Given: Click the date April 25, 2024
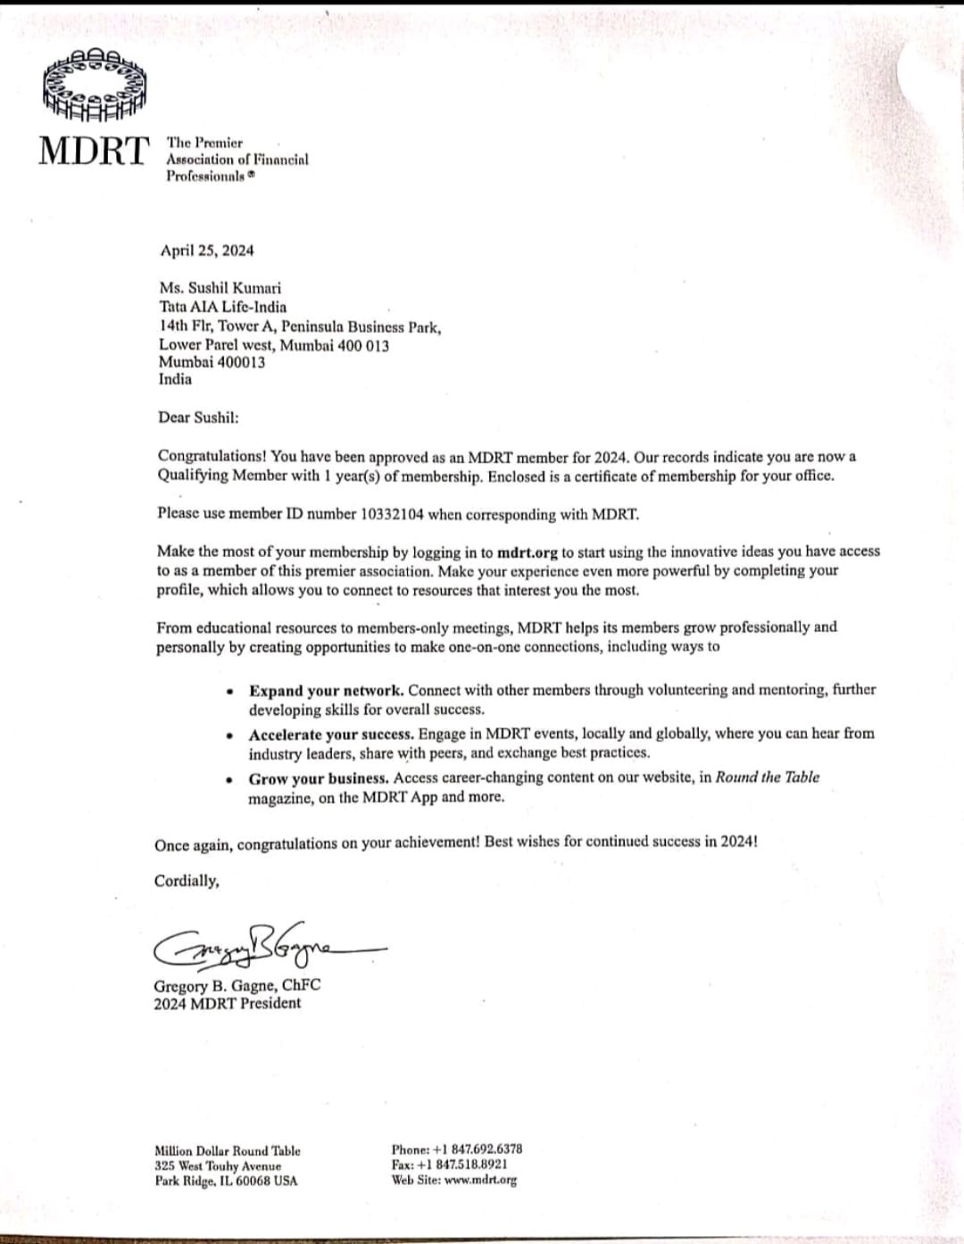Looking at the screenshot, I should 207,251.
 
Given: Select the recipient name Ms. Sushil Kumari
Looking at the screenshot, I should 220,288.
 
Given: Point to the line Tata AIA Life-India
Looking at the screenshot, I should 222,307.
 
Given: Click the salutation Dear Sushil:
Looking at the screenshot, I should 198,418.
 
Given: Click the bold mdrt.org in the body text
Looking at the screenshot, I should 528,552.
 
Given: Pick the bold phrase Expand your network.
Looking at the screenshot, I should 327,691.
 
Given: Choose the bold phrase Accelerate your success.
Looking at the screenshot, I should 331,734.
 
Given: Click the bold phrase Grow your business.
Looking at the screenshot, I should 319,778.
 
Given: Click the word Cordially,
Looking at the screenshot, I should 187,881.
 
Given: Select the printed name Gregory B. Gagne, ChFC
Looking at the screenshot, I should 237,986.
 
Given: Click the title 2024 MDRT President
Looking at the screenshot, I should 227,1003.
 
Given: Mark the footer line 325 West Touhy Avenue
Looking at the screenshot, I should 218,1166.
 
